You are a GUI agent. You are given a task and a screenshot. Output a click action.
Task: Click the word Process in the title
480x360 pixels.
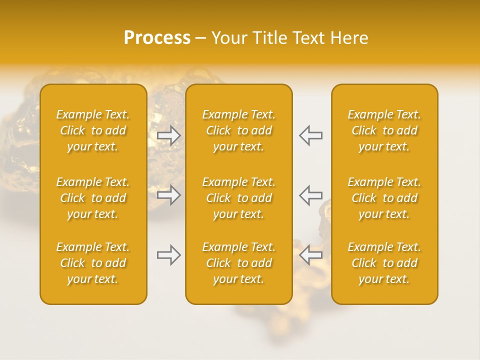(157, 38)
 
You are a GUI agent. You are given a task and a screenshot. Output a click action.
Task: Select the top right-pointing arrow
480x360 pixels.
(169, 135)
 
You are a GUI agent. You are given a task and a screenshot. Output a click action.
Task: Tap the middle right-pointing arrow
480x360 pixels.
(169, 194)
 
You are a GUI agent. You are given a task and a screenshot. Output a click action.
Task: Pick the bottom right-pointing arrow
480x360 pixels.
(169, 255)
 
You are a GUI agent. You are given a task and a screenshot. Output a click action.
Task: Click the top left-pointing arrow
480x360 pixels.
(310, 135)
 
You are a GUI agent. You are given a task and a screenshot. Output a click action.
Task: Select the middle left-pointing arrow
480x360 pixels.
(310, 194)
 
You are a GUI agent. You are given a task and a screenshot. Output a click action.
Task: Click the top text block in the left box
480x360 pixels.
(93, 130)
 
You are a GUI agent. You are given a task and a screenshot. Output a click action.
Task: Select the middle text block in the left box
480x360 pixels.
(93, 198)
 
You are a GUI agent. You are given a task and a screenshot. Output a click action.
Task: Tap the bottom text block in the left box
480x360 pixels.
(93, 263)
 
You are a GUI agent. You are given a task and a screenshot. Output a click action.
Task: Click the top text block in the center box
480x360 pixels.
(239, 130)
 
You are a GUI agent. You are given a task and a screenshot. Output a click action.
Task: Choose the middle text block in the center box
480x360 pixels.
(239, 198)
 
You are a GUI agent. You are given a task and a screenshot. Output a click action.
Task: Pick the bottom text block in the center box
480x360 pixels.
(239, 263)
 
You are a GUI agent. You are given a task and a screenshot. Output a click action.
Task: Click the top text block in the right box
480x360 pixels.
(384, 130)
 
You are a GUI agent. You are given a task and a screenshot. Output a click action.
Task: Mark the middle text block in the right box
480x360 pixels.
(384, 198)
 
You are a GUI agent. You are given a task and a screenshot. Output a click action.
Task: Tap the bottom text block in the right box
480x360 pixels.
(384, 263)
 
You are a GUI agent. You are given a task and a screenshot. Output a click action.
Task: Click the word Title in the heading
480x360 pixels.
(265, 38)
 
